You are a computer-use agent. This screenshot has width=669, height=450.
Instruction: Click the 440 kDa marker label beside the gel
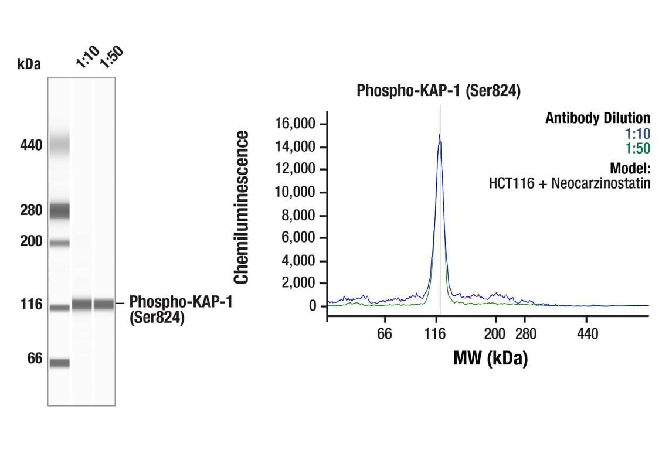(x=30, y=145)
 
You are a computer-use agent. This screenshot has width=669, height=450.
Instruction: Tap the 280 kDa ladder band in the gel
(x=59, y=210)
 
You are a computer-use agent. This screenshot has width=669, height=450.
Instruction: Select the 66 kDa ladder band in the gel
(x=59, y=363)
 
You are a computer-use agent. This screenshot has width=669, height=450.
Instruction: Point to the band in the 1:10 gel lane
(x=82, y=304)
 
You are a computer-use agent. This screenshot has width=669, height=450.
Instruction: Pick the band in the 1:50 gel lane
(x=104, y=304)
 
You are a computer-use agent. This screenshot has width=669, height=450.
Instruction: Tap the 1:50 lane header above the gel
(x=111, y=57)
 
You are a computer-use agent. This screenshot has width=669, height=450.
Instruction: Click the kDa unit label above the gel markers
(x=29, y=64)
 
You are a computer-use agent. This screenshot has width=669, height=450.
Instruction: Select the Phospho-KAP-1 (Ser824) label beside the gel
(x=180, y=310)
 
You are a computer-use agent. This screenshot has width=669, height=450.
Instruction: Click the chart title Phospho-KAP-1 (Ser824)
(x=439, y=91)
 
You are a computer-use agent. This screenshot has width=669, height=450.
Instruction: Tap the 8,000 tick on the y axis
(x=298, y=216)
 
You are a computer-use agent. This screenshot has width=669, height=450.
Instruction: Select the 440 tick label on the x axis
(x=588, y=334)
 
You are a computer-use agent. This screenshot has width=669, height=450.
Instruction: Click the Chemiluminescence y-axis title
(x=242, y=207)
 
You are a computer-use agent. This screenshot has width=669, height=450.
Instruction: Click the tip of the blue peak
(x=439, y=135)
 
